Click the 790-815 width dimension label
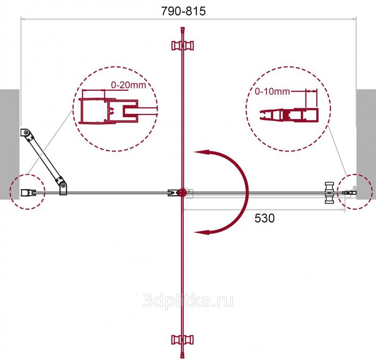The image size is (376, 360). (x=183, y=11)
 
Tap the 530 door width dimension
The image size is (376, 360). (x=265, y=218)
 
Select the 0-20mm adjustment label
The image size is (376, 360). (x=128, y=85)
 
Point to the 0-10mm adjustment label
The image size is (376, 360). (x=272, y=91)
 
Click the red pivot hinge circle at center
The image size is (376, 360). (x=182, y=192)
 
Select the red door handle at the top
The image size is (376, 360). (x=182, y=45)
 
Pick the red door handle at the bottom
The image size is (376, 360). (x=182, y=340)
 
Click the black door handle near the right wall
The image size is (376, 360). (x=329, y=193)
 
